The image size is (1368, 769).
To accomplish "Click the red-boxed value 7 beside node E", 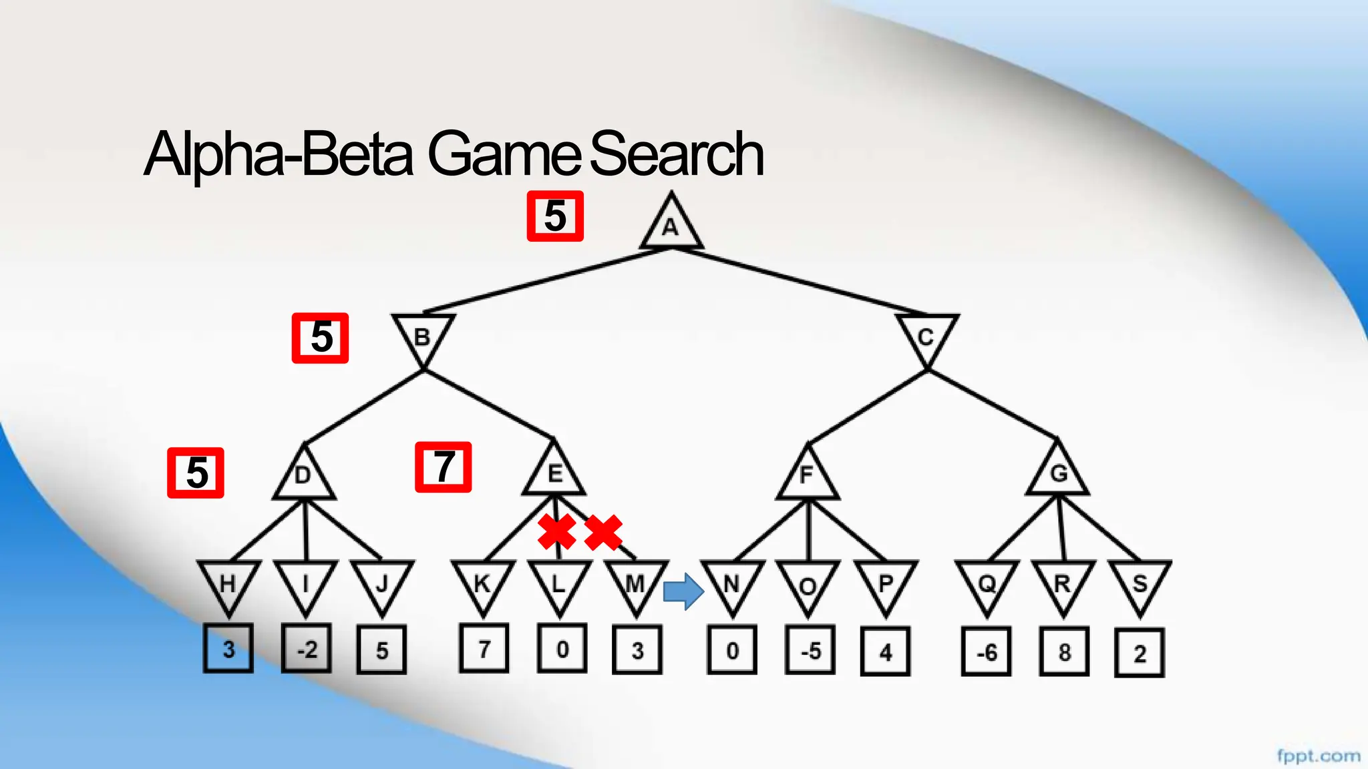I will coord(444,467).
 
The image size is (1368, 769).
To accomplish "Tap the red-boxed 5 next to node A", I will coord(555,216).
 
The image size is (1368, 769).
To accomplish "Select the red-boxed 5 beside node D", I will coord(196,473).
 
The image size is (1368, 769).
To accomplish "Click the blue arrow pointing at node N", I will coord(683,591).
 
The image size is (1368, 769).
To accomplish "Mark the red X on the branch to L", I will coord(556,532).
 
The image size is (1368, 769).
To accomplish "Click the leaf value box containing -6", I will coord(987,652).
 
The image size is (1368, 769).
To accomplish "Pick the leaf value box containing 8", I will coord(1064,652).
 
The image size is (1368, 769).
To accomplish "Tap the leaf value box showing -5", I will coord(810,650).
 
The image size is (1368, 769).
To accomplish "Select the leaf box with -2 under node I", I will coord(307,649).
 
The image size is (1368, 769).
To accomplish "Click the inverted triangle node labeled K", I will coord(483,584).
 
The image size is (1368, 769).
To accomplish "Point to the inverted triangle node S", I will coord(1140,584).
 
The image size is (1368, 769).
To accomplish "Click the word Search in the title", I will coord(676,154).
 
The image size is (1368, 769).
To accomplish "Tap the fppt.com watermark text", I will coord(1318,756).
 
